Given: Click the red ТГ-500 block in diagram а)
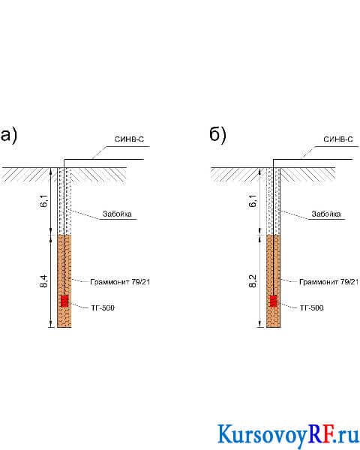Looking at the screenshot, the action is point(64,301).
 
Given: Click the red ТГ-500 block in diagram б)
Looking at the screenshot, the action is point(274,301).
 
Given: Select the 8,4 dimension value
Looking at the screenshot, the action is point(44,281).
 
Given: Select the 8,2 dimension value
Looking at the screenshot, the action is point(253,281).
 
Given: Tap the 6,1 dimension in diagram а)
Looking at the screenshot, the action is point(44,200).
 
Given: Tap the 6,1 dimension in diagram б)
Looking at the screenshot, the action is point(253,200).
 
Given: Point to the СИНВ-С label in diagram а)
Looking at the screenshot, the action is point(129,139).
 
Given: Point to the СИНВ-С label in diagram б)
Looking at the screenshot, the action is point(338,139).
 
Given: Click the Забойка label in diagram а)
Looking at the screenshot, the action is point(117,214).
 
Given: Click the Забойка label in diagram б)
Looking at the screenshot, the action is point(326,214).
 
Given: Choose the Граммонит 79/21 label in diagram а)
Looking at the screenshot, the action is point(120,282).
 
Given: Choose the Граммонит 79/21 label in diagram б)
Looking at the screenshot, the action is point(329,282).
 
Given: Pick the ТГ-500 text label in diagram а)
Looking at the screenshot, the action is point(103,308).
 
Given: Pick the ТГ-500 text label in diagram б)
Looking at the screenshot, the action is point(311,308).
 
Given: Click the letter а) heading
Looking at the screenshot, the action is point(8,135).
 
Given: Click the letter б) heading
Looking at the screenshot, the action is point(217,134).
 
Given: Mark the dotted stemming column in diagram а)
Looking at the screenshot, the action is point(64,201).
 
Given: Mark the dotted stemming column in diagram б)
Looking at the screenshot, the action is point(273,201).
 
